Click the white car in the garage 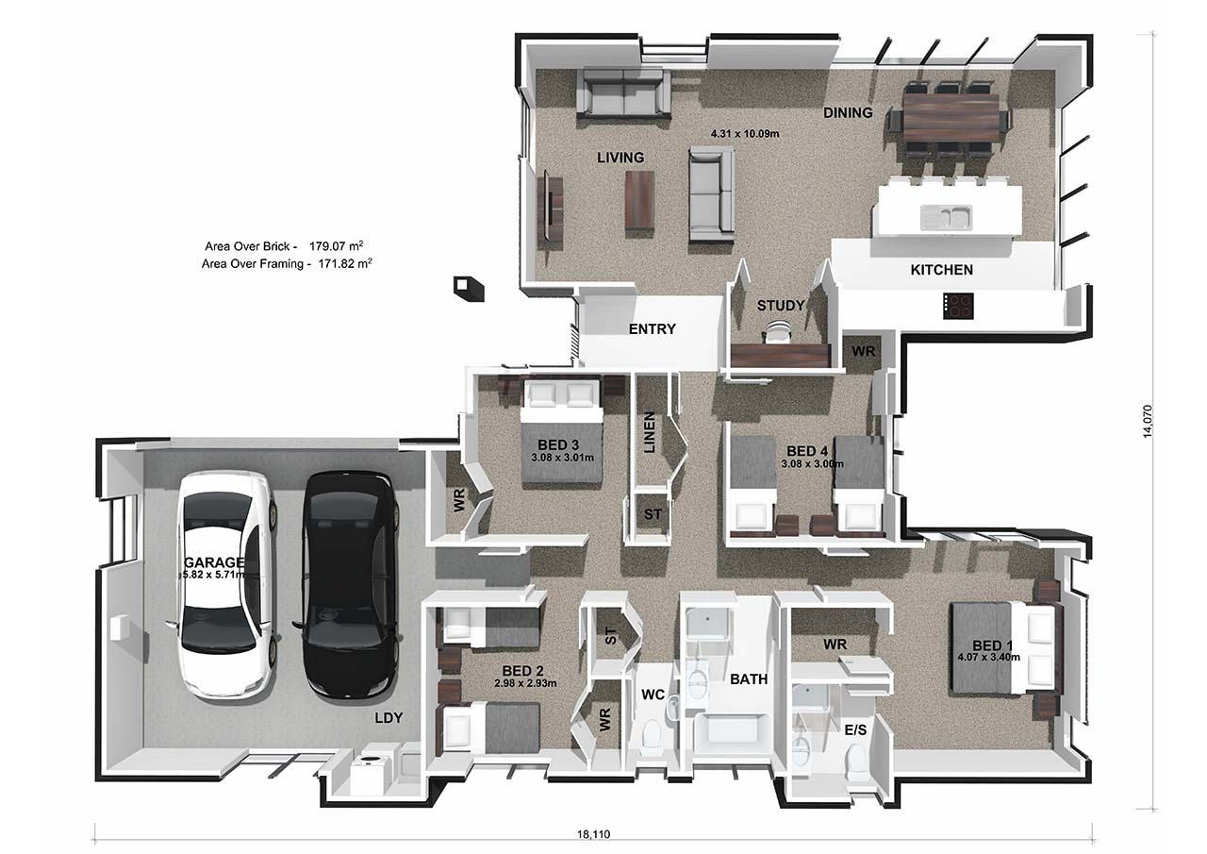click(x=225, y=585)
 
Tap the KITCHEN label click(x=942, y=270)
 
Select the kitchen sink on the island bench click(x=946, y=217)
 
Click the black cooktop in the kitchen click(x=958, y=306)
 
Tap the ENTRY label click(x=652, y=329)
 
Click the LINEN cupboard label click(x=650, y=432)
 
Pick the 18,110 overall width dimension click(x=594, y=834)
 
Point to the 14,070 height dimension click(x=1148, y=421)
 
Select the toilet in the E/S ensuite click(x=855, y=762)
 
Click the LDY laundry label click(x=389, y=717)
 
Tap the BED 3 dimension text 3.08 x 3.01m click(x=563, y=458)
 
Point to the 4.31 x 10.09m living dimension click(x=745, y=134)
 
